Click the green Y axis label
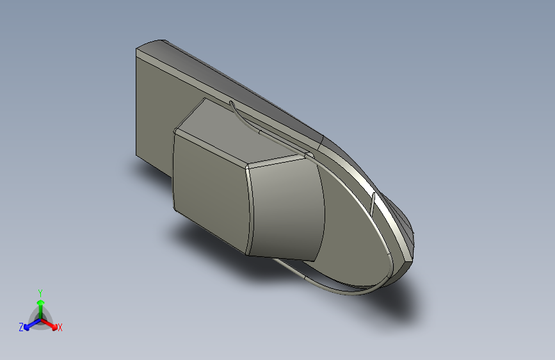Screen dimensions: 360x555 [40, 291]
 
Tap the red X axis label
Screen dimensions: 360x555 [60, 327]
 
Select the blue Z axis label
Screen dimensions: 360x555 [21, 327]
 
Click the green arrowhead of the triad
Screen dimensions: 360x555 [40, 301]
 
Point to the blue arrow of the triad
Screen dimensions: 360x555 [29, 323]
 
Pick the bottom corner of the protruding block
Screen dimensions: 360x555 [248, 253]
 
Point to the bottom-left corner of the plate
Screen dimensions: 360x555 [136, 155]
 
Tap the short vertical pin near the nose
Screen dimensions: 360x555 [373, 203]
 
